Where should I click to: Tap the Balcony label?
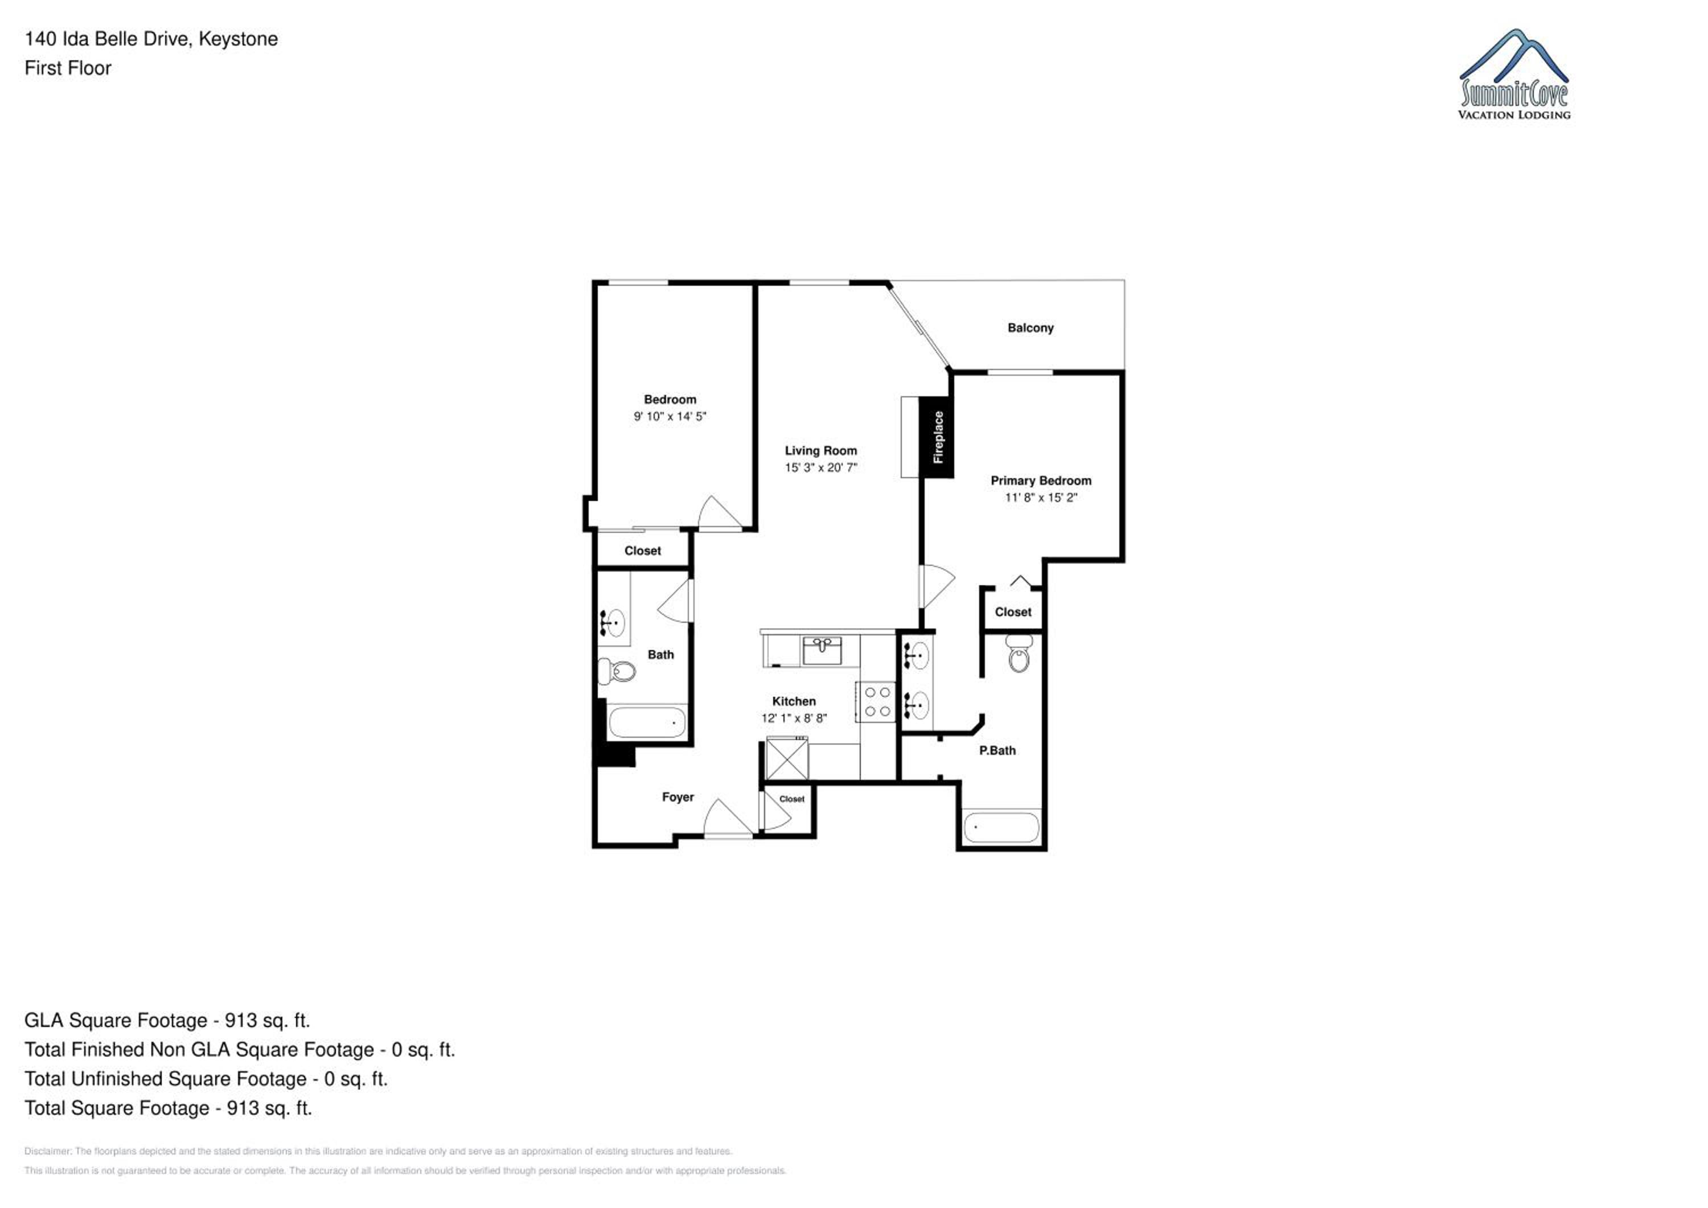click(x=1030, y=328)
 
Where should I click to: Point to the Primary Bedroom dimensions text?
click(x=1041, y=498)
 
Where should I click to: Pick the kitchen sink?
click(x=822, y=650)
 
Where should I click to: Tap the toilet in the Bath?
click(x=617, y=671)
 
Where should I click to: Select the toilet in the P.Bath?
click(x=1019, y=652)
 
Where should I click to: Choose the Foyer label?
click(x=678, y=798)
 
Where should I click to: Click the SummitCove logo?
click(x=1514, y=75)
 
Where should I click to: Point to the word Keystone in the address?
click(x=238, y=39)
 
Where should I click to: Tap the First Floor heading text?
click(x=68, y=68)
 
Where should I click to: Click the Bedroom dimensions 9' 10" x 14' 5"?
click(x=670, y=417)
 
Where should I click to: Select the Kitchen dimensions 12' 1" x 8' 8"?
click(x=794, y=718)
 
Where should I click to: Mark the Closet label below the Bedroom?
click(x=643, y=551)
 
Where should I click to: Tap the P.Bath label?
click(x=997, y=751)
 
